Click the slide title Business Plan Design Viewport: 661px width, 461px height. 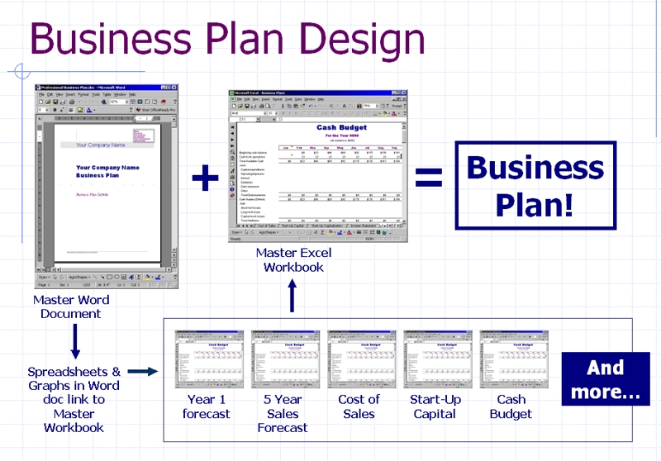[x=228, y=40]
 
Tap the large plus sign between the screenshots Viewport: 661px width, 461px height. [x=206, y=178]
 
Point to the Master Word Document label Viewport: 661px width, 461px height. [x=71, y=307]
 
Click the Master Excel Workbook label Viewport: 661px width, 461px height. [x=291, y=259]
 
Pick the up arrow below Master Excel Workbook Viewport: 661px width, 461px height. [x=291, y=296]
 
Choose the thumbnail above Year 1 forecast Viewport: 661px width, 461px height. [x=206, y=359]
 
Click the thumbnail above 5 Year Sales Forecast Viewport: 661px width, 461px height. [x=282, y=359]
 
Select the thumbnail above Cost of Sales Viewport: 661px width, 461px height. [x=359, y=359]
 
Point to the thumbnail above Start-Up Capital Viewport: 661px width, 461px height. [x=435, y=359]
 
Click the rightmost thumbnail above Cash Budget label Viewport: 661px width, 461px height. [x=511, y=359]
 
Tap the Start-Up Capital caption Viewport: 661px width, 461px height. [x=435, y=406]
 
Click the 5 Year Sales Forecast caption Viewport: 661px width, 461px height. [x=282, y=413]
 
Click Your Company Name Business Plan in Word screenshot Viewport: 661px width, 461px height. [x=107, y=171]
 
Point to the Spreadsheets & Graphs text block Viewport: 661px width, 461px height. [x=74, y=399]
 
